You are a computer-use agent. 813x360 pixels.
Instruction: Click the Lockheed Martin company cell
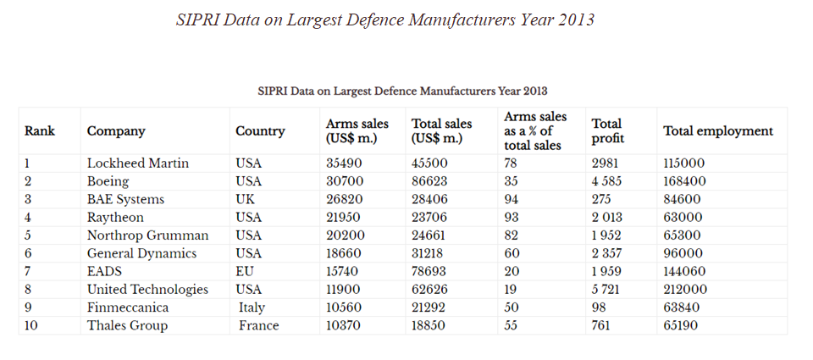(x=138, y=163)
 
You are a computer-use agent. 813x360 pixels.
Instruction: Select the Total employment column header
(x=718, y=131)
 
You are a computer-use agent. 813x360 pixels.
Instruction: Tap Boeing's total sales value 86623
(x=429, y=181)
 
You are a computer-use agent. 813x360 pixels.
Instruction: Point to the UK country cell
(x=246, y=199)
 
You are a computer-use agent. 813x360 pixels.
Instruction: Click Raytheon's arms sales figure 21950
(x=344, y=217)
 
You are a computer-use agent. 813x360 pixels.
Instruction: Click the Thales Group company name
(x=127, y=325)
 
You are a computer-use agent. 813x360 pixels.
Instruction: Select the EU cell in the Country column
(x=246, y=271)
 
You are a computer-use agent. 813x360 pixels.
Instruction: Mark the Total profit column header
(x=607, y=131)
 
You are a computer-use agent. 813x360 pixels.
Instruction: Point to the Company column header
(x=116, y=131)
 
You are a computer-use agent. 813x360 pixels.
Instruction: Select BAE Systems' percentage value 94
(x=511, y=199)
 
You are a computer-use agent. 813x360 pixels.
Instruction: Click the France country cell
(x=258, y=325)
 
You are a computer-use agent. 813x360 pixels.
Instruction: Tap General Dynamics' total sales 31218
(x=429, y=253)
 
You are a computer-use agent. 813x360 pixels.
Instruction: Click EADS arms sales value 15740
(x=344, y=271)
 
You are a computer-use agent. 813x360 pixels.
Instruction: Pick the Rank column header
(x=40, y=131)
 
